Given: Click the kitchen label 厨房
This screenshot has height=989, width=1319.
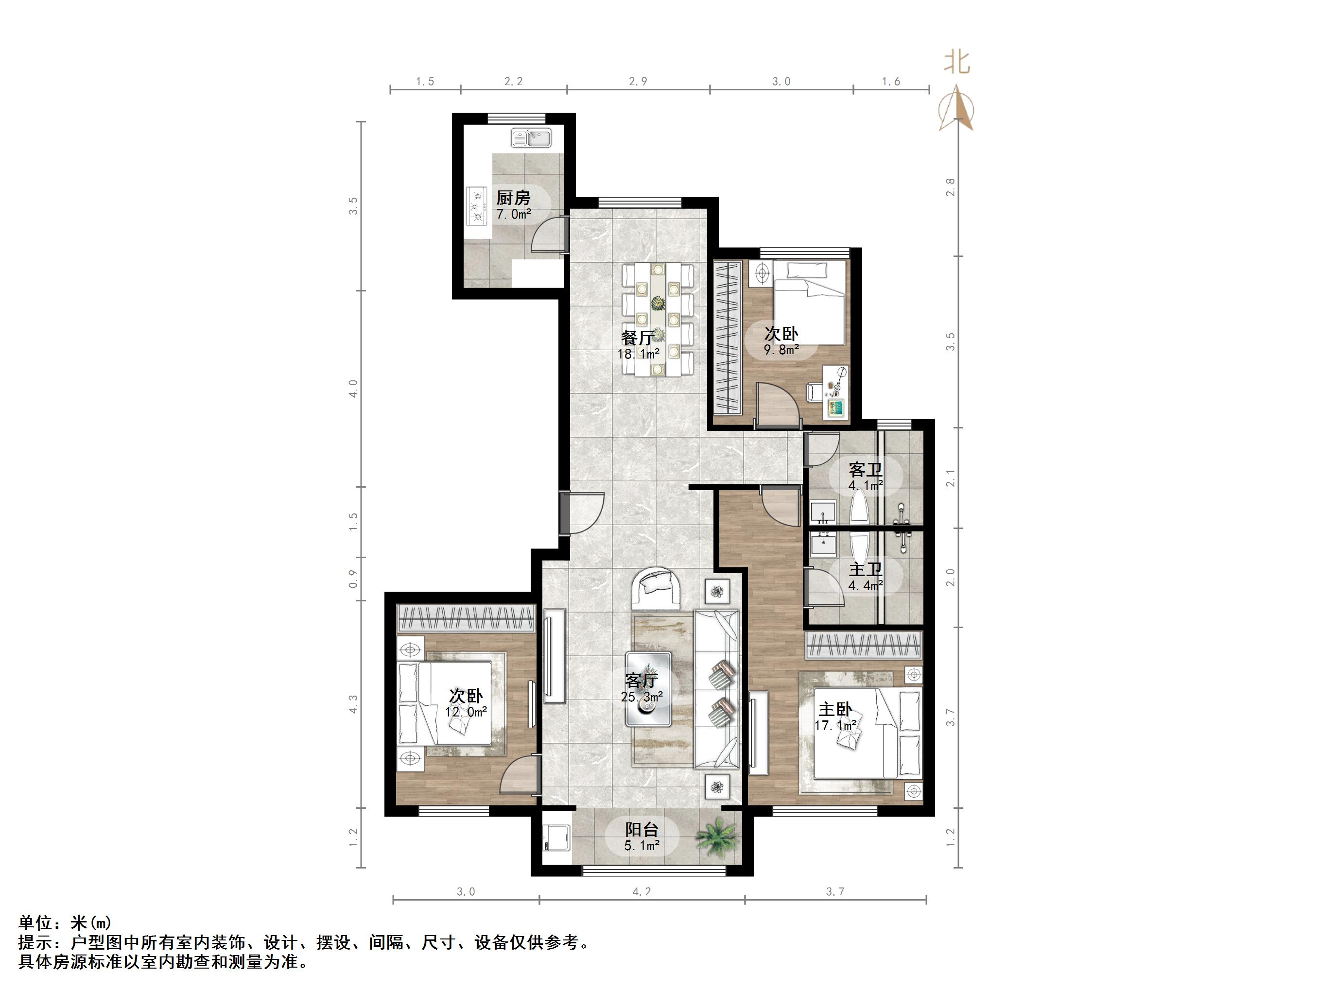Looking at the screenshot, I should pos(513,197).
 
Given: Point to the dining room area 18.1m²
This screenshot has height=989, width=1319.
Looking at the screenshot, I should pos(638,354).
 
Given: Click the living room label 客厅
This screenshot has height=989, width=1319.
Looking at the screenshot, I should pos(641,680).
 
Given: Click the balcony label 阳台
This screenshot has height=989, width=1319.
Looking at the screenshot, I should pos(642,829).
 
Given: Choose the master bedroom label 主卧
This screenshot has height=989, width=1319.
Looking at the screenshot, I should pos(835,709).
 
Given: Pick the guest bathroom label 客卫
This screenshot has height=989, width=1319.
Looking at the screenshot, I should pos(865,469).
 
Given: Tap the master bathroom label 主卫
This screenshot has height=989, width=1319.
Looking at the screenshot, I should pos(865,569).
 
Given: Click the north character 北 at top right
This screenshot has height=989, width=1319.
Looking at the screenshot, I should pos(957,62).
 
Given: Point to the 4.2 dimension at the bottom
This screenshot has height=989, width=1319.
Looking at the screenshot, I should pos(642,892).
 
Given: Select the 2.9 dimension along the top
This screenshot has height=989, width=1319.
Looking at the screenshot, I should pos(638,82).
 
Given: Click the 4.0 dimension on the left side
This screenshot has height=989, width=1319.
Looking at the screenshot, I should pos(353,389).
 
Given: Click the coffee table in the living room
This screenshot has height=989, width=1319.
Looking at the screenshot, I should pos(649,688).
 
